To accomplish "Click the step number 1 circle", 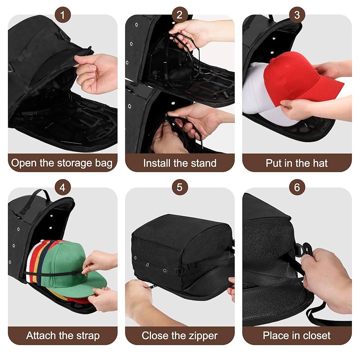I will click(x=63, y=15).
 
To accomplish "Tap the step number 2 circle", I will click(x=180, y=15).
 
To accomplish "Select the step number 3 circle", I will click(x=297, y=15).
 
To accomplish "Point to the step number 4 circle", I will click(x=63, y=187).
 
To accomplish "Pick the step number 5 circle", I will click(x=180, y=187).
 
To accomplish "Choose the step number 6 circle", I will click(x=297, y=187).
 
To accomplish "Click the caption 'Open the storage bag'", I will click(x=62, y=163).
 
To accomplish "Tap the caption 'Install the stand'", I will click(x=180, y=163).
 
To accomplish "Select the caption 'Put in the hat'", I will click(x=297, y=163).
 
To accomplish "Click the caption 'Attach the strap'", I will click(x=63, y=335).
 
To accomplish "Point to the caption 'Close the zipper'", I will click(x=180, y=335).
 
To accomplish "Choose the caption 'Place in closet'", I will click(x=297, y=335).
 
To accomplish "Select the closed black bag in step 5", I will click(x=181, y=250).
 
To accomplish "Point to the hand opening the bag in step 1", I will click(x=97, y=72).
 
